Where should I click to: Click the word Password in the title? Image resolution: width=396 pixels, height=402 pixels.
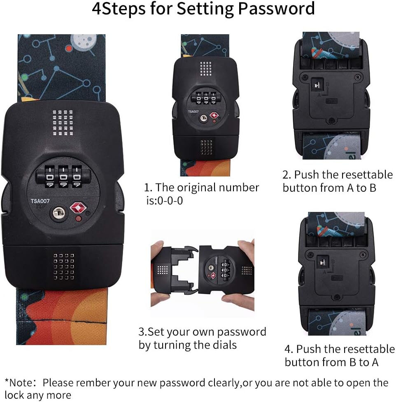(x=276, y=9)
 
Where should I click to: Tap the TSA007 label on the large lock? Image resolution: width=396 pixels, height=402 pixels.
(x=40, y=201)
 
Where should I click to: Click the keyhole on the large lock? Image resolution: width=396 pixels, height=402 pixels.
(x=59, y=212)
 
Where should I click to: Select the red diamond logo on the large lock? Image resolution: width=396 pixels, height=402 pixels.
(x=78, y=207)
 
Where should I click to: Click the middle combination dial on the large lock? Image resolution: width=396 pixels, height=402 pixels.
(x=63, y=176)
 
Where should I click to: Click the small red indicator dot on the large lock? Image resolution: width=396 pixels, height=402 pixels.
(x=79, y=219)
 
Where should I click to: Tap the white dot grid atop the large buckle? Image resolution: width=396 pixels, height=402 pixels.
(x=63, y=122)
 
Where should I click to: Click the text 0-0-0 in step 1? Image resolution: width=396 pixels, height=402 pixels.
(x=170, y=201)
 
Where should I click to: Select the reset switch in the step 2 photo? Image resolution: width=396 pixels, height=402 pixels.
(x=317, y=84)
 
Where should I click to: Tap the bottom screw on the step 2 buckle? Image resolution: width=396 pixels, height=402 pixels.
(x=331, y=120)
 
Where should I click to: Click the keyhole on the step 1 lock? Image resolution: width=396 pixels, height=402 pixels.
(x=203, y=118)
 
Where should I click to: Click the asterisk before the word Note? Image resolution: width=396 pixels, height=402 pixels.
(x=7, y=381)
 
